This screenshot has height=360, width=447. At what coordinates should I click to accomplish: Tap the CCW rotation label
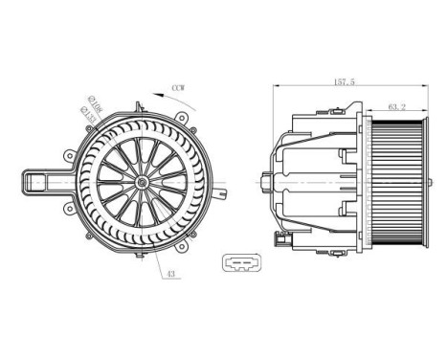(177, 88)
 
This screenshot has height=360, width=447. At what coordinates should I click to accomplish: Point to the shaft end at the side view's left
(265, 179)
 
